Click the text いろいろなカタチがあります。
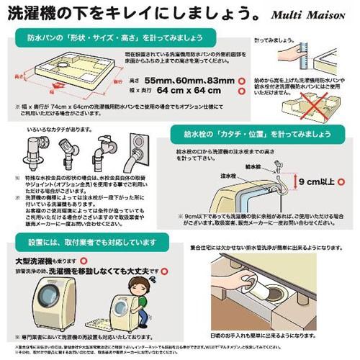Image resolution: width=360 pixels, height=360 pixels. [55, 130]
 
